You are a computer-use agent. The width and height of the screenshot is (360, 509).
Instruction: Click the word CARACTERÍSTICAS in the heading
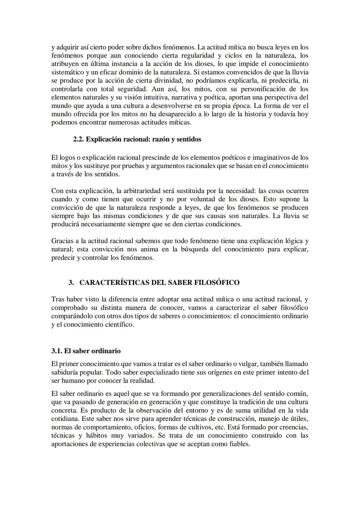tap(114, 283)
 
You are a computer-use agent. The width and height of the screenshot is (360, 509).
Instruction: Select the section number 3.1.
tap(57, 351)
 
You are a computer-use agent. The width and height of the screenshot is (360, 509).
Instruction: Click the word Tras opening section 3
tap(57, 299)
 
